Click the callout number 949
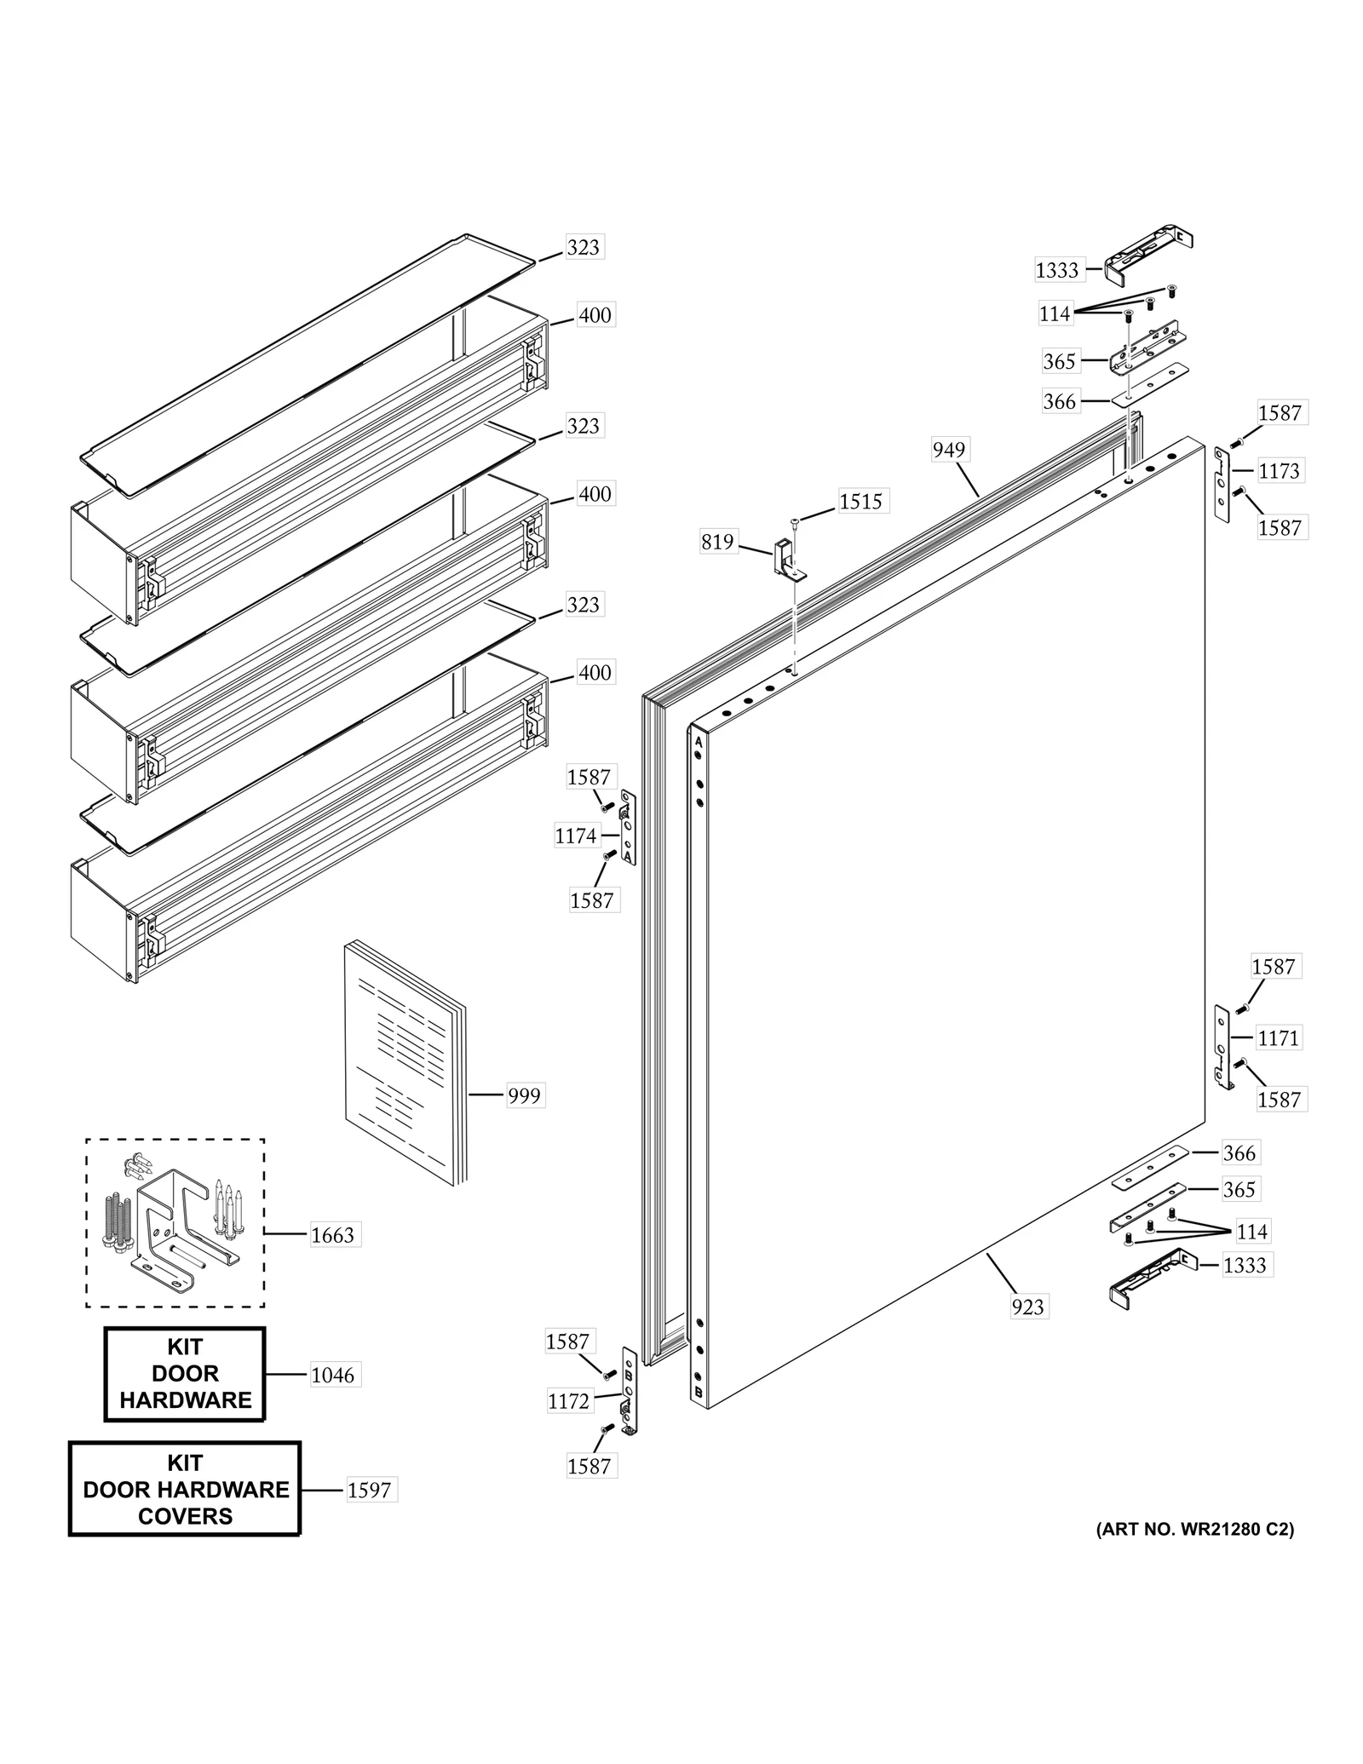(x=948, y=450)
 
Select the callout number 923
(x=1027, y=1307)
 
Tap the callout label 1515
(x=860, y=501)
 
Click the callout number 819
(x=717, y=542)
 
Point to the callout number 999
(x=524, y=1095)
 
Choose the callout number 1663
(x=332, y=1235)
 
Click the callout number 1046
(x=332, y=1375)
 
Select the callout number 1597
(x=369, y=1491)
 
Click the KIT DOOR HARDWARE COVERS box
(x=185, y=1490)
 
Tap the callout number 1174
(x=576, y=836)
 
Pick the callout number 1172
(x=568, y=1401)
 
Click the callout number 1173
(x=1279, y=471)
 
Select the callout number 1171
(x=1278, y=1038)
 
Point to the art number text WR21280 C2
(x=1194, y=1529)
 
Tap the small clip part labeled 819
(x=786, y=559)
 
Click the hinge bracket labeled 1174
(x=628, y=827)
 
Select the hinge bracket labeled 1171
(x=1222, y=1047)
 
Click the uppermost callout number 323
(x=584, y=247)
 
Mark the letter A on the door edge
(x=699, y=742)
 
